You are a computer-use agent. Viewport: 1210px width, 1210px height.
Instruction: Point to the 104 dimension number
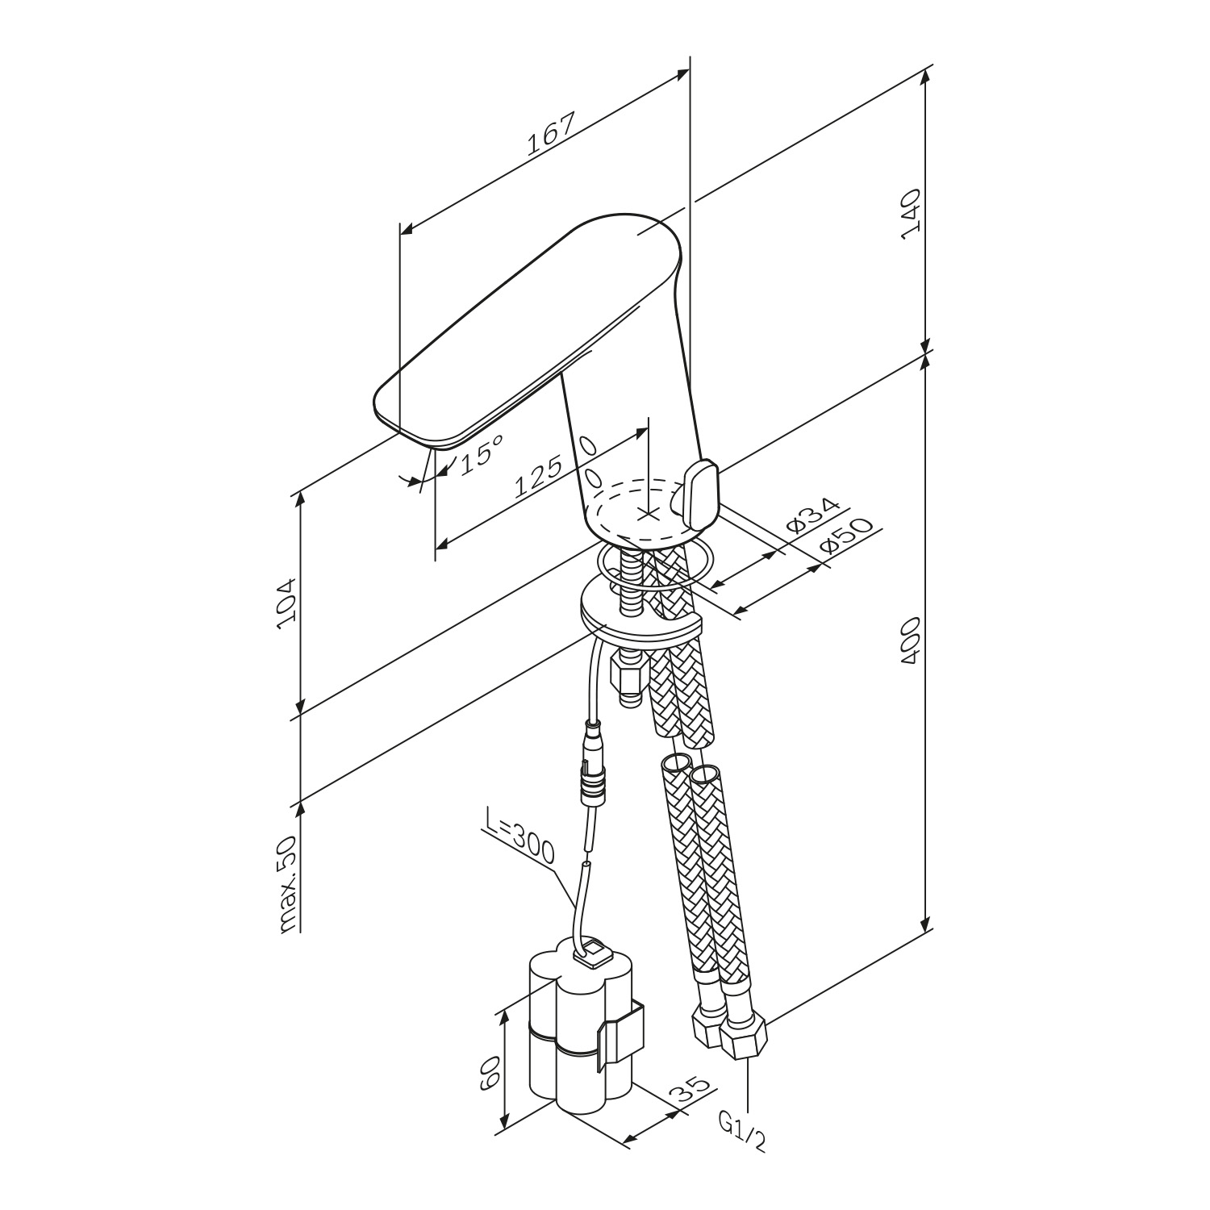click(x=287, y=604)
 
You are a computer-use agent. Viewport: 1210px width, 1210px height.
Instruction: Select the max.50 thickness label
click(x=287, y=884)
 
